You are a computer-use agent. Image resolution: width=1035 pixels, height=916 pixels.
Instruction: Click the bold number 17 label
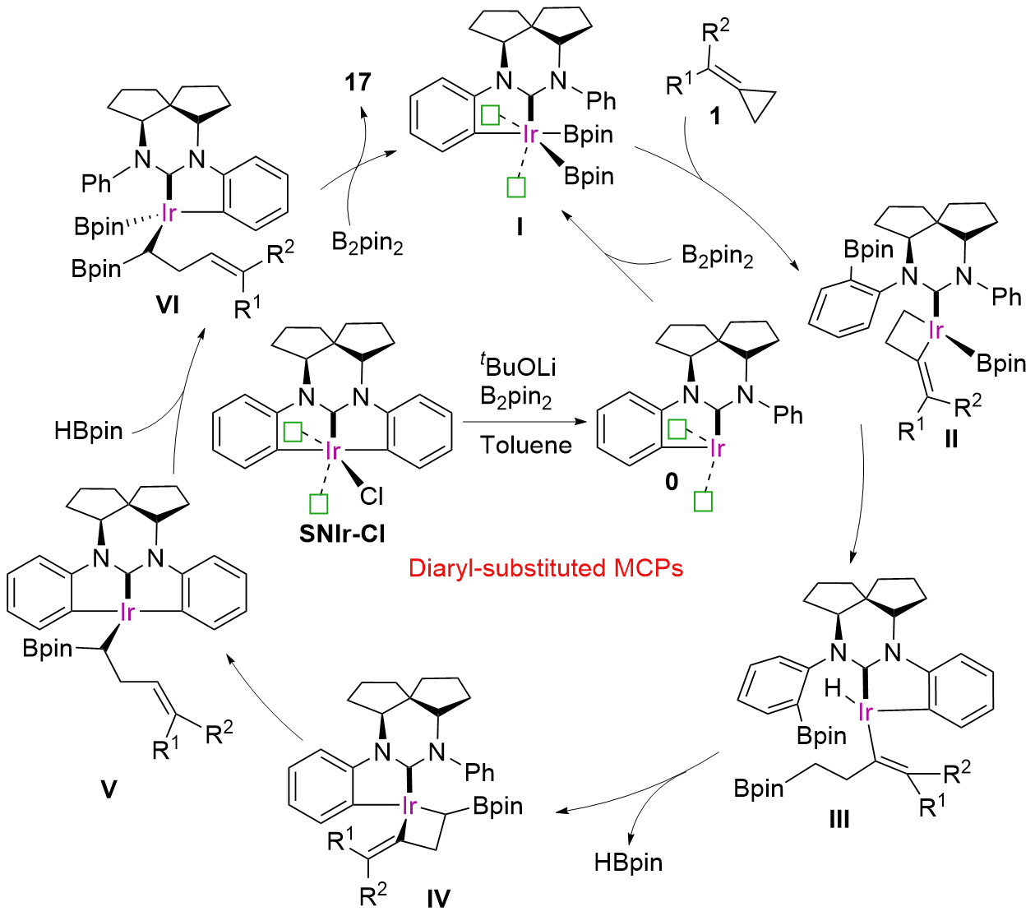tap(358, 82)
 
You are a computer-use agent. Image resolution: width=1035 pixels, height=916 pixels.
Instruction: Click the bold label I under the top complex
tap(520, 226)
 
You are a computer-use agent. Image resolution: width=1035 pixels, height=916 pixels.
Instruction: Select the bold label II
tap(951, 439)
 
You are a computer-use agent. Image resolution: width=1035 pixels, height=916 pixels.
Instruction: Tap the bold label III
tap(839, 819)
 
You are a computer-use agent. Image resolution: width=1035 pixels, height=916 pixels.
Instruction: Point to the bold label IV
tap(438, 899)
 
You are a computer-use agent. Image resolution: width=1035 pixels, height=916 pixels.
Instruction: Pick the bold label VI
tap(168, 305)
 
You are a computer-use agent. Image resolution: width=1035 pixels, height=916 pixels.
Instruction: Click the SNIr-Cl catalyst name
tap(342, 534)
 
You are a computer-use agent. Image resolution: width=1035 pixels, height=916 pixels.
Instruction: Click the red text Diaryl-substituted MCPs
tap(546, 568)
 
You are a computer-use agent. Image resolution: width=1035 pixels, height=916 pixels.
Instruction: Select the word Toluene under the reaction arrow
tap(526, 445)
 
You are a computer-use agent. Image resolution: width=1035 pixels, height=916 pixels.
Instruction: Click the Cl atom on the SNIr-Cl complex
tap(372, 496)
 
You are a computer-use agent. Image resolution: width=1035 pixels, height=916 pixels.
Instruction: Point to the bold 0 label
tap(672, 482)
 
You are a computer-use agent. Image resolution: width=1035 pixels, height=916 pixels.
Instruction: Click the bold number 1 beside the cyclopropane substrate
tap(715, 116)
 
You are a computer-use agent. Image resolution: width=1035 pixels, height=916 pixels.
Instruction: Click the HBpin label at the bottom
tap(628, 863)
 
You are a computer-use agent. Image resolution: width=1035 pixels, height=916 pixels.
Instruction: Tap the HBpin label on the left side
tap(89, 431)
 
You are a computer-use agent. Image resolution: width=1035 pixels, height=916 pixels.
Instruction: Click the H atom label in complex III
tap(833, 688)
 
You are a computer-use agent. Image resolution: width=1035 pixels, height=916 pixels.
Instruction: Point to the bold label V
tap(109, 790)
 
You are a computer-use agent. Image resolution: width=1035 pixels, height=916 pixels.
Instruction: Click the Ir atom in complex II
tap(936, 331)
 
